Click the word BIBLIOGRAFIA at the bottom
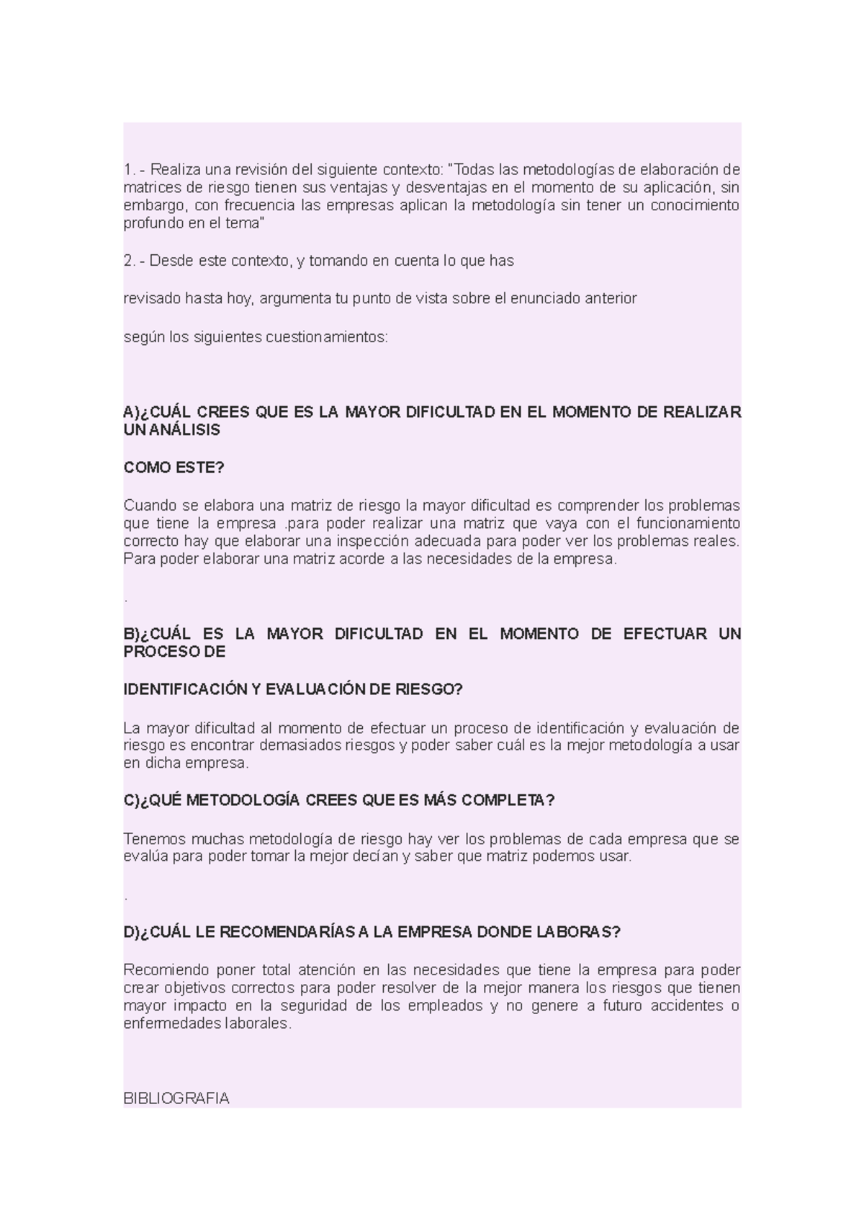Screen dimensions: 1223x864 click(176, 1098)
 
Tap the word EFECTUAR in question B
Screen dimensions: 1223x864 click(665, 634)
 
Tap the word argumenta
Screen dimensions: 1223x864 click(294, 298)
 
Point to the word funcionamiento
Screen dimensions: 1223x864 click(688, 523)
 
